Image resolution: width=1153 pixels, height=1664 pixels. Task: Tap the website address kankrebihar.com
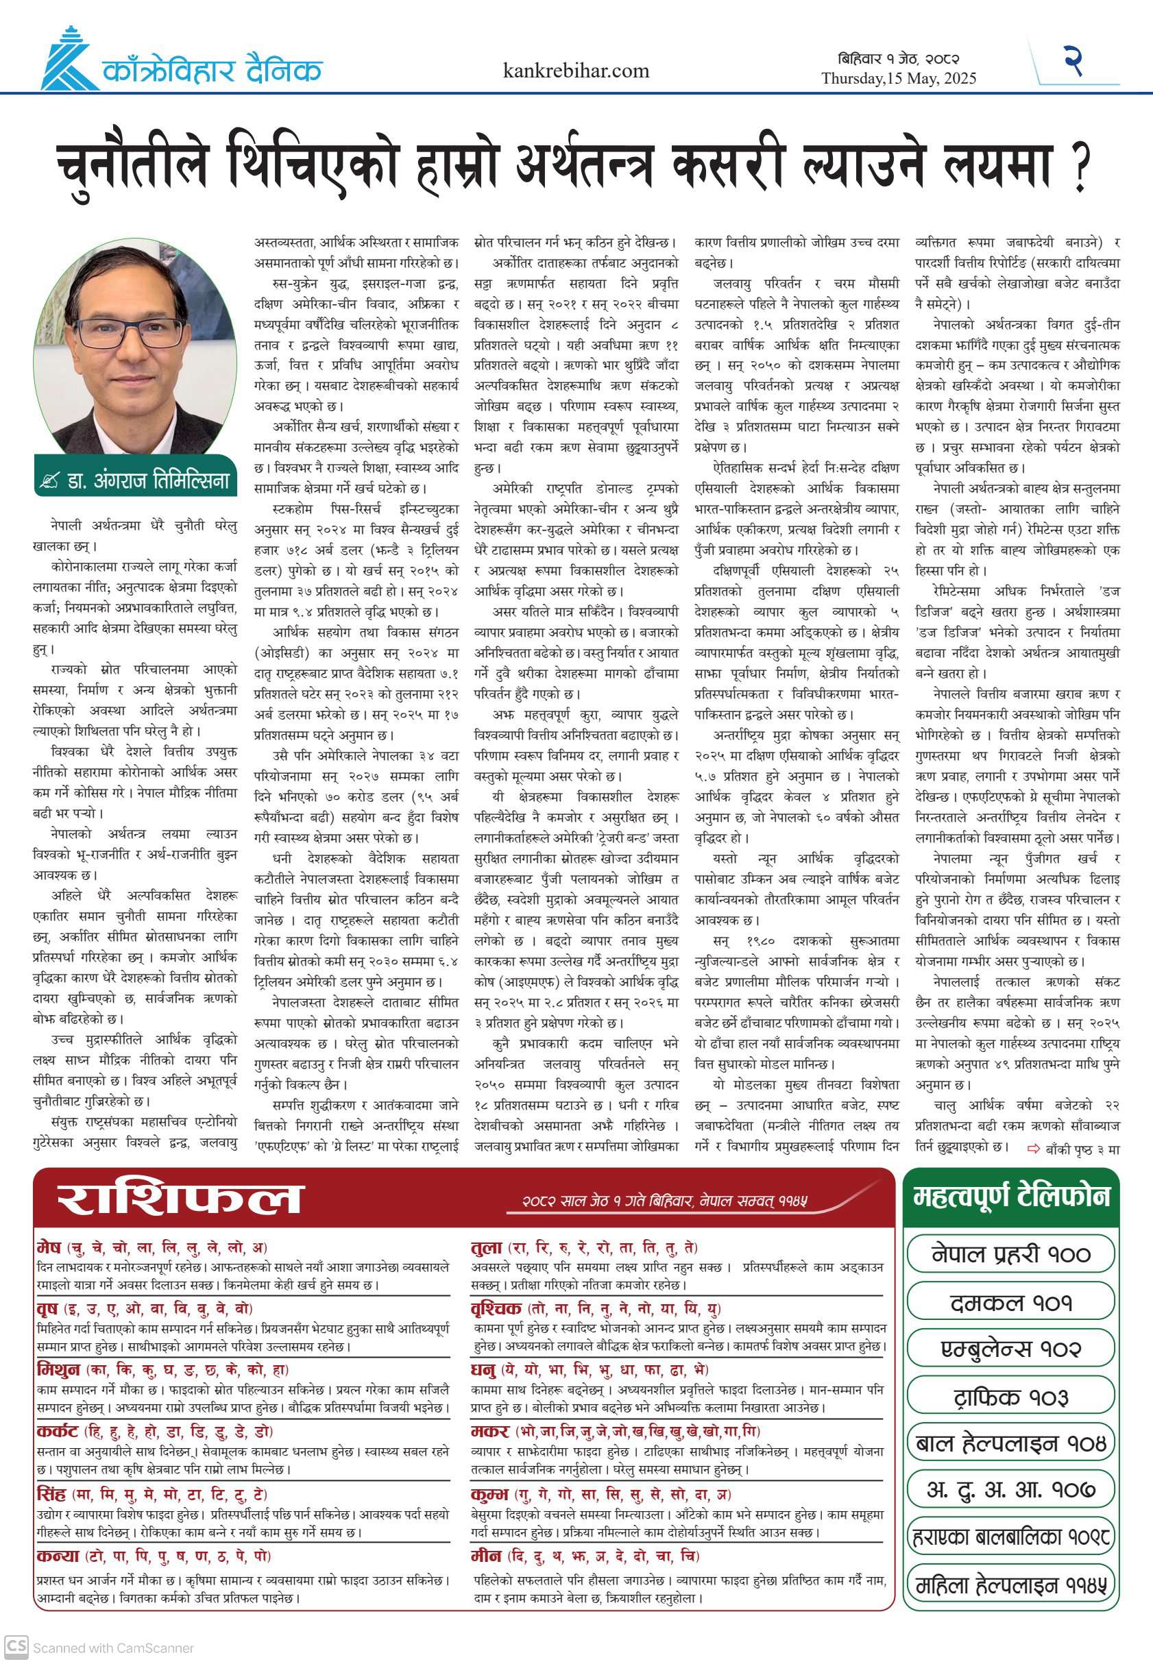576,71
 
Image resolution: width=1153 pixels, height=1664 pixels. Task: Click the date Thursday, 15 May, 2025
898,79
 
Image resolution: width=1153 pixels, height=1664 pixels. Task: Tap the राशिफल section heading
178,1199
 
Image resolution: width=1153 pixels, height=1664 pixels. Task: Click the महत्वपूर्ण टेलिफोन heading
1010,1196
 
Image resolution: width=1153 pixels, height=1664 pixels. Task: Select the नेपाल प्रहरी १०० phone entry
1010,1253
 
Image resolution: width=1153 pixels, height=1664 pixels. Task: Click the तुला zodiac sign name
486,1247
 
